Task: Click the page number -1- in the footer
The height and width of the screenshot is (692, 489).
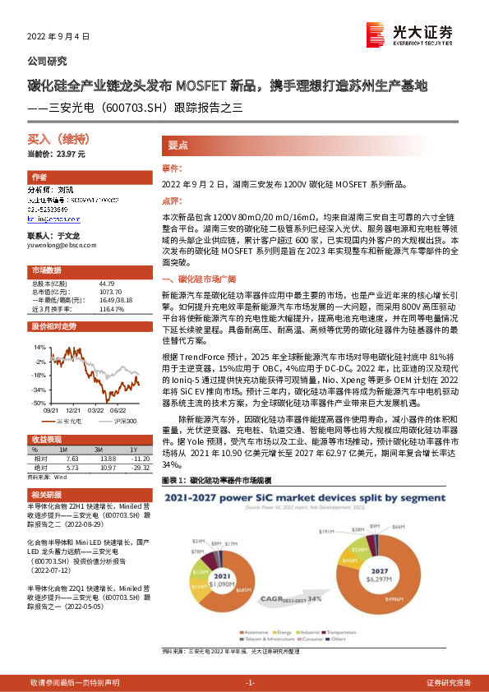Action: pos(251,683)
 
